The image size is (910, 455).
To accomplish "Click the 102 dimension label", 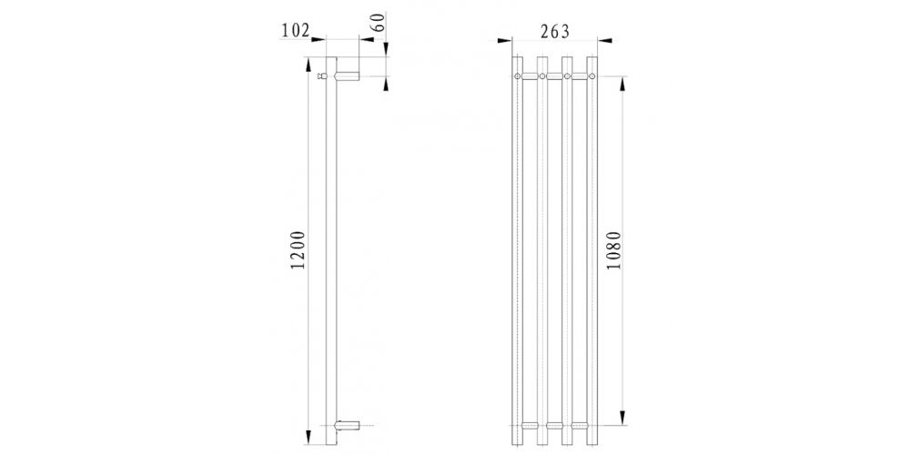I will tap(296, 29).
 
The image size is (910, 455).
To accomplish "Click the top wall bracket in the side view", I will tap(347, 76).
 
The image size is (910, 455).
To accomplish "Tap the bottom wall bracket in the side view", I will tap(347, 425).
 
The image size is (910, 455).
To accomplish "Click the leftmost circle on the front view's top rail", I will tap(518, 77).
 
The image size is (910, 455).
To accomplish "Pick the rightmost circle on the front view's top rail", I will tap(592, 77).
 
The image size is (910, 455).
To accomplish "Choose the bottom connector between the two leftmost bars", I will tap(530, 425).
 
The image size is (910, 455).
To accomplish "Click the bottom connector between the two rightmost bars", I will tap(580, 425).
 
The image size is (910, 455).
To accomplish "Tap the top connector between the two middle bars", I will tap(554, 77).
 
